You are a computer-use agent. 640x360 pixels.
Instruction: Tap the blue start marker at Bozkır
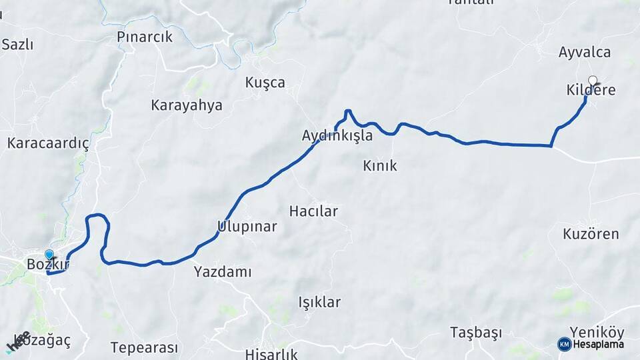tap(49, 254)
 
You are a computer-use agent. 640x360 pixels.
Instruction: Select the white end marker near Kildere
tap(592, 80)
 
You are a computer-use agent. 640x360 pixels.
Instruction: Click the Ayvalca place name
tap(585, 52)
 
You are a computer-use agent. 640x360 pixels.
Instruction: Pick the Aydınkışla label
tap(337, 135)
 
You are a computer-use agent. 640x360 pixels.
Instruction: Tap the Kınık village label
tap(380, 165)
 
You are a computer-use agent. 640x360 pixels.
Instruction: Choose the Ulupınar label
tap(247, 227)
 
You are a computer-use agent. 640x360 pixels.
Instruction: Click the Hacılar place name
tap(313, 211)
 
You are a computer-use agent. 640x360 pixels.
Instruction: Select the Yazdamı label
tap(223, 271)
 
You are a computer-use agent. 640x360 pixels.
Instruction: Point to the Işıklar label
tap(319, 302)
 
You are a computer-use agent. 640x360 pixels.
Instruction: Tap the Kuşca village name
tap(265, 83)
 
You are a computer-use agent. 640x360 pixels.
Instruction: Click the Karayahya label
tap(187, 105)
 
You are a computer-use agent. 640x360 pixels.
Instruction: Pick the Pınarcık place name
tap(145, 37)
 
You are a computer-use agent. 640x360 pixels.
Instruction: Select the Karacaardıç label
tap(48, 143)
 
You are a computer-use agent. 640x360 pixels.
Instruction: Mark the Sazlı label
tap(17, 45)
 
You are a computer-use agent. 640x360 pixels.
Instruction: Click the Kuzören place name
tap(591, 234)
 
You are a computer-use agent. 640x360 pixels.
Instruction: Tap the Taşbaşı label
tap(475, 331)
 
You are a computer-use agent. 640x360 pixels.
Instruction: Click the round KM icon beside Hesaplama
tap(565, 344)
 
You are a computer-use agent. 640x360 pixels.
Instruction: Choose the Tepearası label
tap(144, 347)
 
